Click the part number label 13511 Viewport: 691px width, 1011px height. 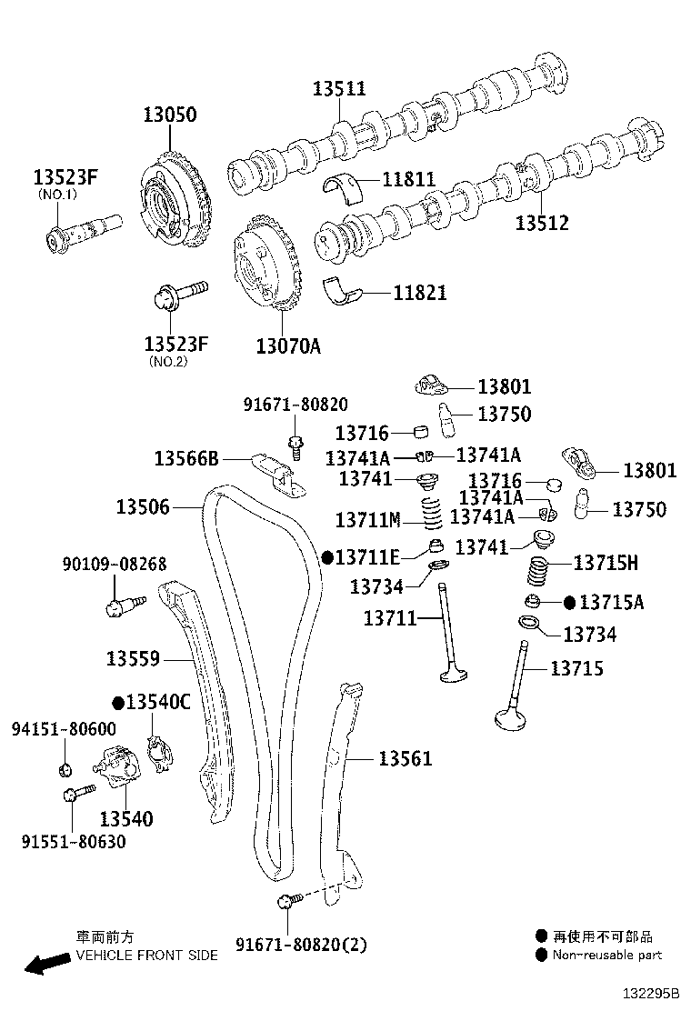[339, 88]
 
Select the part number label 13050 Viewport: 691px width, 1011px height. [169, 115]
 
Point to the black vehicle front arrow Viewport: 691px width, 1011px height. [45, 963]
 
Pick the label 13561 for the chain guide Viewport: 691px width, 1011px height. [405, 758]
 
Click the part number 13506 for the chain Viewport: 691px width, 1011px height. [143, 506]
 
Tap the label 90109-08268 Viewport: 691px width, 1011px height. [114, 565]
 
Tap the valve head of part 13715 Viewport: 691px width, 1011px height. [513, 719]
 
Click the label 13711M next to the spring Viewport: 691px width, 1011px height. [367, 520]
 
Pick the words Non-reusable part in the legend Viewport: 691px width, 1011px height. [606, 955]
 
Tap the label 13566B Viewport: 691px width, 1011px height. [185, 458]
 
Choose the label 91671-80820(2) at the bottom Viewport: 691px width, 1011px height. [301, 945]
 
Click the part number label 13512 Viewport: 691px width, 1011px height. [542, 223]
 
